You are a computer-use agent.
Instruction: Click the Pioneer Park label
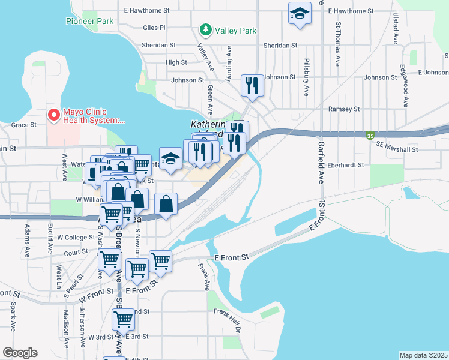click(x=89, y=21)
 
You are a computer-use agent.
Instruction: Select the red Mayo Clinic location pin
click(x=54, y=113)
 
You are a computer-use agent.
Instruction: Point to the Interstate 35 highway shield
click(x=370, y=136)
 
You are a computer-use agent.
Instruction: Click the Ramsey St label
click(x=343, y=109)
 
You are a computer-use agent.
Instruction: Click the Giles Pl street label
click(x=154, y=28)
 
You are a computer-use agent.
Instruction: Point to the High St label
click(x=176, y=62)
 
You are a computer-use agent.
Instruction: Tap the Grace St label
click(x=24, y=125)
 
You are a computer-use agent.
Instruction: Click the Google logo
click(x=20, y=353)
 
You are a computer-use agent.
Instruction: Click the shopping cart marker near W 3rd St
click(x=123, y=319)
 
